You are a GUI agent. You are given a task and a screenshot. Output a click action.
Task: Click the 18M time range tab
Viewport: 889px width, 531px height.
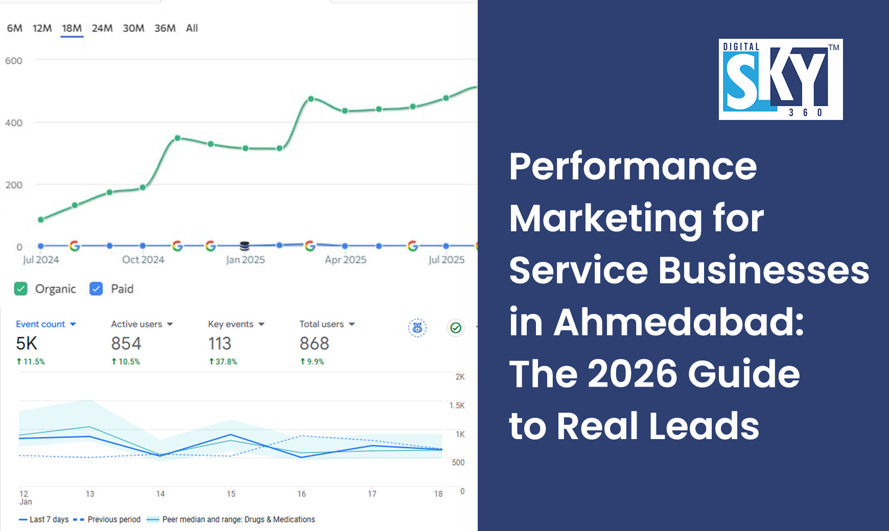(x=72, y=29)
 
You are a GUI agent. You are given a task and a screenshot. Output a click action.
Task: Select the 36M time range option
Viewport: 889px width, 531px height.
(x=165, y=29)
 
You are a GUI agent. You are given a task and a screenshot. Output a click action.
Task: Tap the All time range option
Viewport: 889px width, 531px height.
(x=192, y=29)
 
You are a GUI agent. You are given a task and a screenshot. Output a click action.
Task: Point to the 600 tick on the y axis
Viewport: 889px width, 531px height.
(x=14, y=61)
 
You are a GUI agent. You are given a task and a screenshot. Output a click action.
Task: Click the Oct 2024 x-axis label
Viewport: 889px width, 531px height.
(x=143, y=259)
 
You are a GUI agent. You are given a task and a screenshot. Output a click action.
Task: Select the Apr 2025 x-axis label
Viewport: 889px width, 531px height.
(x=345, y=259)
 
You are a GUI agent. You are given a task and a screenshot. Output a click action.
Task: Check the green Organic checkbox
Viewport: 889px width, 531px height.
(x=21, y=289)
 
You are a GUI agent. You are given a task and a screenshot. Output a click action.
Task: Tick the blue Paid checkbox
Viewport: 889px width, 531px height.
(x=96, y=289)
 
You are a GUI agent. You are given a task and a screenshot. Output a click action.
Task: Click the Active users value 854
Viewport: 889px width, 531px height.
(x=126, y=344)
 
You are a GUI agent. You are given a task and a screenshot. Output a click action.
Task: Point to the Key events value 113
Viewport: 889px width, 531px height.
(x=220, y=344)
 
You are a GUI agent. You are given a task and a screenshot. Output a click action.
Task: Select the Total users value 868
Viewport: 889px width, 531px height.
(x=314, y=344)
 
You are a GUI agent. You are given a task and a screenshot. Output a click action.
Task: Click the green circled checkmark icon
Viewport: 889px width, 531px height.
(x=456, y=328)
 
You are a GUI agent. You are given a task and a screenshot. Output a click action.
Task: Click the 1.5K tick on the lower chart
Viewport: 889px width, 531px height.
(x=457, y=405)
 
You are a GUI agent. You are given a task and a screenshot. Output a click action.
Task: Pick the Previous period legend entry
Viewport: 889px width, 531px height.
(x=113, y=519)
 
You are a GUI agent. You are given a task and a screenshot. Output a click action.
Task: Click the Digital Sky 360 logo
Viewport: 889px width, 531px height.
(x=781, y=80)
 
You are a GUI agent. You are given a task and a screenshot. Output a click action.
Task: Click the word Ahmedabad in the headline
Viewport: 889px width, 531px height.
(x=679, y=322)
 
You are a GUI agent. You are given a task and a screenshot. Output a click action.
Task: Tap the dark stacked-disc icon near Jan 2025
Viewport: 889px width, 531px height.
(x=245, y=246)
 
